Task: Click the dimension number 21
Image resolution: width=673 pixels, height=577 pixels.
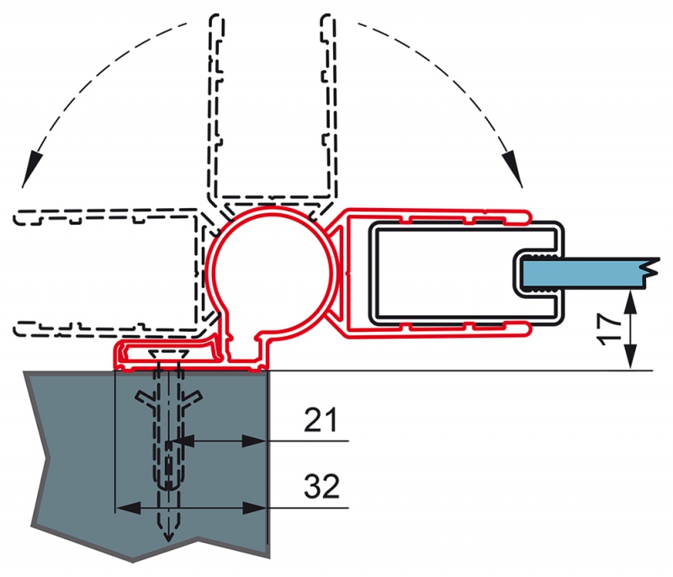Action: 321,419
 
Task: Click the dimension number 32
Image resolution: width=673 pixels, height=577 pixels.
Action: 322,486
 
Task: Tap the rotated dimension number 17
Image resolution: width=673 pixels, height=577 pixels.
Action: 609,329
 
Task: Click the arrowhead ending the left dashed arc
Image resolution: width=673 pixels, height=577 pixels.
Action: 31,168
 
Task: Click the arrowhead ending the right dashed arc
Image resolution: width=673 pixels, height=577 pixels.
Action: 513,168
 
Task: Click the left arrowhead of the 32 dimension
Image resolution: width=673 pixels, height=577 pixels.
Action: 129,508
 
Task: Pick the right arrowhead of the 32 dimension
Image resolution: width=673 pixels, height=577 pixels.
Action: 255,508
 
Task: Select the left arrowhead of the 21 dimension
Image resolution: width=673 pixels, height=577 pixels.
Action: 183,441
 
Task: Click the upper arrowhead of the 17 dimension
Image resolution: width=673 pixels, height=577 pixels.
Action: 630,302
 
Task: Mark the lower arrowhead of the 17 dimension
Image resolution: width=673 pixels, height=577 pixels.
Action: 630,356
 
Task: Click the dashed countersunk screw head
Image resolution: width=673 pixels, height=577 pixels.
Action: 169,354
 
